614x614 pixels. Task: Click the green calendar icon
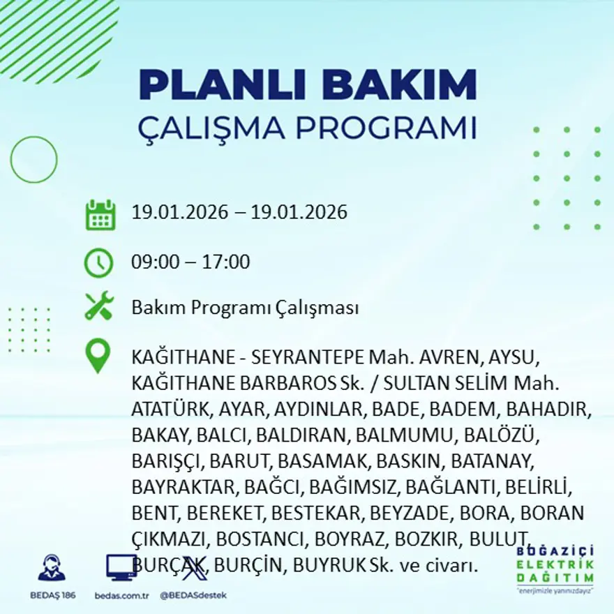click(x=100, y=215)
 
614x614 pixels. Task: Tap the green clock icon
click(x=98, y=263)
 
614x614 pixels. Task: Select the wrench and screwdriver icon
click(x=99, y=307)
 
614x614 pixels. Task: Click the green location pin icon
click(x=98, y=355)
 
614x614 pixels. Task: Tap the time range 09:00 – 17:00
click(x=190, y=262)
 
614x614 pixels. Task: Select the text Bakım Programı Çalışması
click(x=245, y=308)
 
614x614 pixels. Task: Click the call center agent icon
click(x=52, y=568)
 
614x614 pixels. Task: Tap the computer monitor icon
click(x=121, y=568)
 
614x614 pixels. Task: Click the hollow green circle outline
click(x=33, y=159)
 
